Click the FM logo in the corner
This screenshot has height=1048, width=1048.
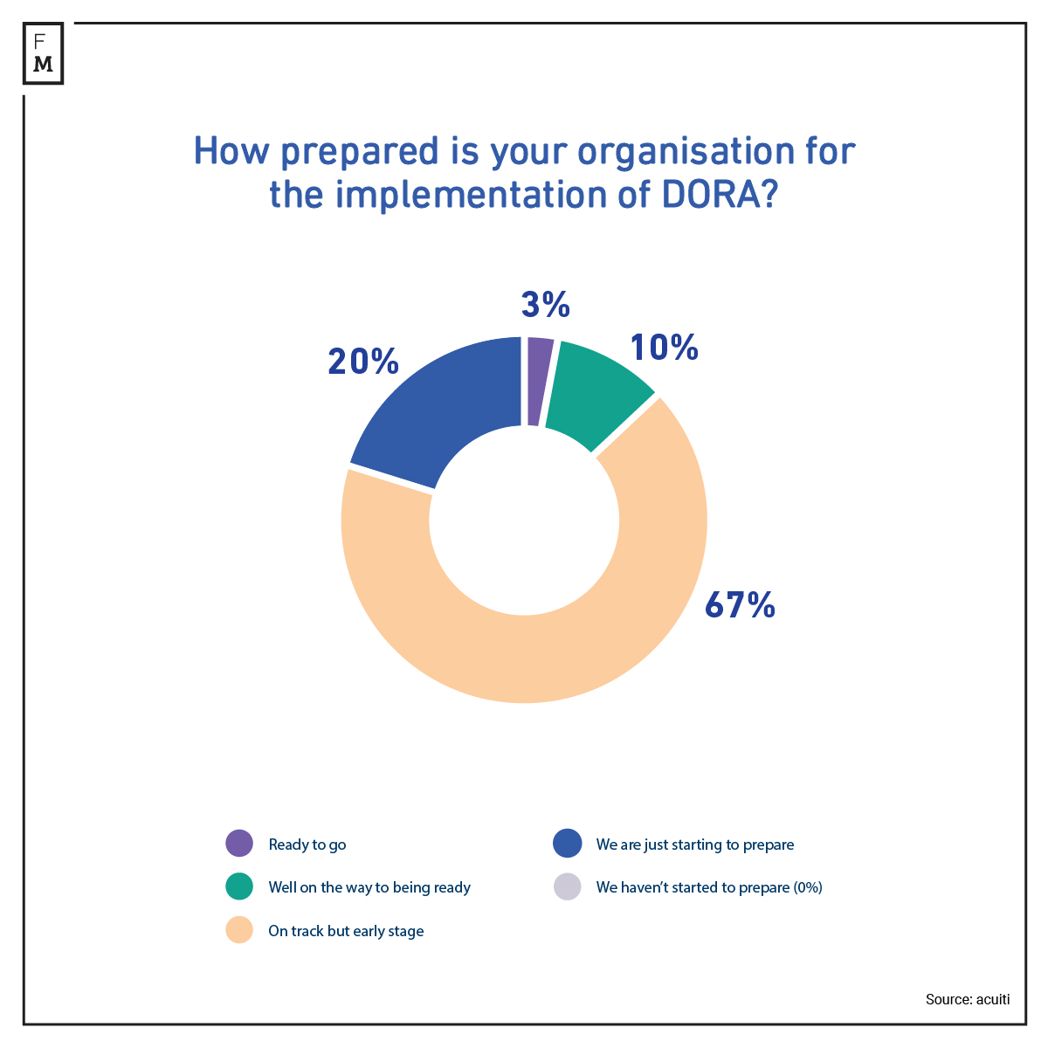pos(43,53)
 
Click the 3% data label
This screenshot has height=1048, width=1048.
pos(546,305)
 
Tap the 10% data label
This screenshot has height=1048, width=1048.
pos(664,348)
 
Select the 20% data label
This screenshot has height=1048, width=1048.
pos(363,362)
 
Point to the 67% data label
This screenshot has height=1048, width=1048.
pos(740,604)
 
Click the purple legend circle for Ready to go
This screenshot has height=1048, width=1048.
pos(238,844)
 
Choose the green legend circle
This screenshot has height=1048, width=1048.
pos(238,886)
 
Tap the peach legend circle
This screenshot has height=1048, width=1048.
pos(238,930)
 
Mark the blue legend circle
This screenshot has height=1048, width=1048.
pos(567,844)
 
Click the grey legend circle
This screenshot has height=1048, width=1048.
pos(567,886)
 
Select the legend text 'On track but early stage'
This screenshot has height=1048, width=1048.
pos(346,931)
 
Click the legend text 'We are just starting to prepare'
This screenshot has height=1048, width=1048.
pos(695,845)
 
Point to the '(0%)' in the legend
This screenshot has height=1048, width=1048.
pos(808,887)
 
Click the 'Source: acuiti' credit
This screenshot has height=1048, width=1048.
pos(967,999)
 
